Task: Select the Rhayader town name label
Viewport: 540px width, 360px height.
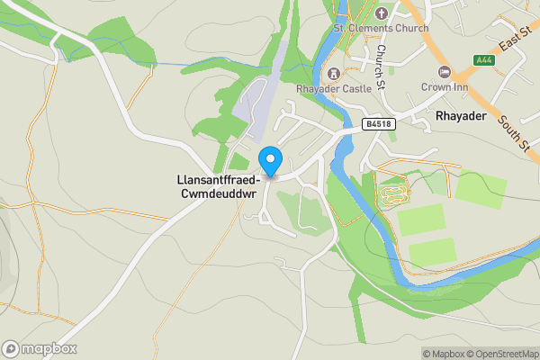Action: [461, 117]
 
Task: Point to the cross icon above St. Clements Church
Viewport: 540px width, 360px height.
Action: [381, 13]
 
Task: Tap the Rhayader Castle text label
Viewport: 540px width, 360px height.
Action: [334, 89]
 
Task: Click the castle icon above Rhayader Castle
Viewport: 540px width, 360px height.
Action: [334, 73]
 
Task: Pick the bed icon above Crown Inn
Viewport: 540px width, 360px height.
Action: [442, 71]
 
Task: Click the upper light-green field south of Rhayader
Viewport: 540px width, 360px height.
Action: [421, 220]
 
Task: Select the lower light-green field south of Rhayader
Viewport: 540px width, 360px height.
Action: [432, 251]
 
